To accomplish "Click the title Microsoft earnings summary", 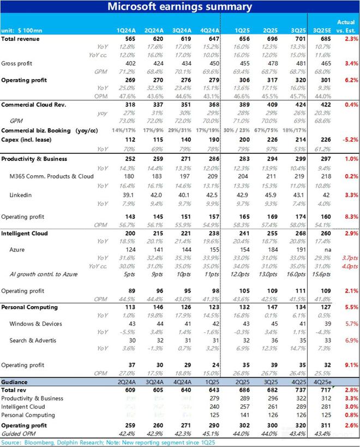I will (179, 7).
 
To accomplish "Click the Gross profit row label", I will (17, 64).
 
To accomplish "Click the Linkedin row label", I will (22, 195).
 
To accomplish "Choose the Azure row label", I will (18, 249).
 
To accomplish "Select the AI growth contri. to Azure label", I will (47, 274).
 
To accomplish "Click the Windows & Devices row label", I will (35, 324).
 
